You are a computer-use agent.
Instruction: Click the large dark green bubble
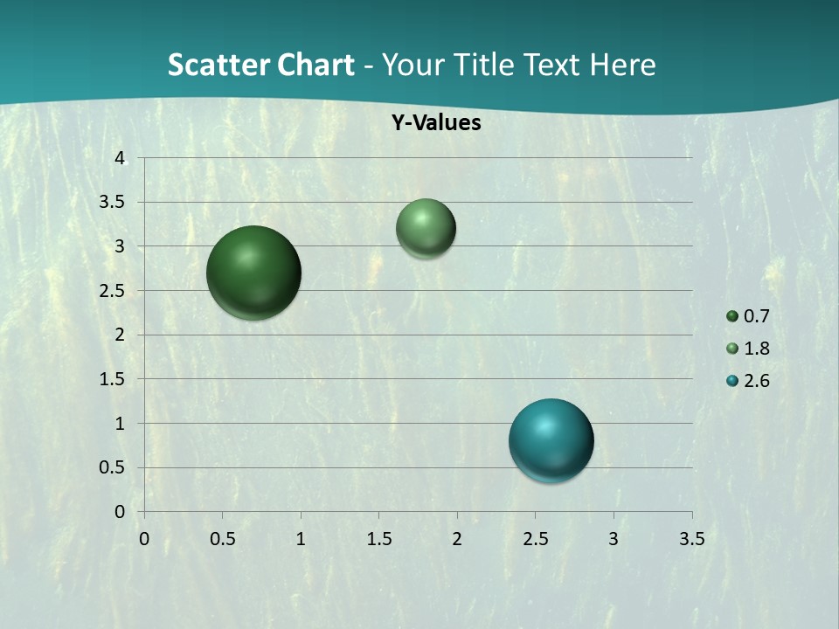point(254,273)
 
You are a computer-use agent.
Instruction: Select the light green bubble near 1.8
point(426,228)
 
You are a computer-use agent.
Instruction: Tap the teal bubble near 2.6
point(551,440)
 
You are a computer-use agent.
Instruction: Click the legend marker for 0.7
point(732,316)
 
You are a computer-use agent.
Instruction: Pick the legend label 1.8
point(757,349)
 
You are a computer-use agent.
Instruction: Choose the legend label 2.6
point(757,381)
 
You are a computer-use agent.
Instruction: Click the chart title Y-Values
point(436,123)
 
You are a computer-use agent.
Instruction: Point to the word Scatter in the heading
point(218,65)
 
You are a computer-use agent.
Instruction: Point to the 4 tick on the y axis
point(120,158)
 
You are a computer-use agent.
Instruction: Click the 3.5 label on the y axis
point(114,202)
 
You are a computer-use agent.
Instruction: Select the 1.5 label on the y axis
point(114,379)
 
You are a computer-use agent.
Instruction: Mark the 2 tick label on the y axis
point(120,335)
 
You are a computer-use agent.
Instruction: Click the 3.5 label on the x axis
point(691,538)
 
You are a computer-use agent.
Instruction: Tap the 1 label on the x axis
point(301,538)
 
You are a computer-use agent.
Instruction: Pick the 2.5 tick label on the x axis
point(535,538)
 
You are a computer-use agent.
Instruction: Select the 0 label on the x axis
point(144,538)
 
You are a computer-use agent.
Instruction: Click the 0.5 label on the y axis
point(114,467)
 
